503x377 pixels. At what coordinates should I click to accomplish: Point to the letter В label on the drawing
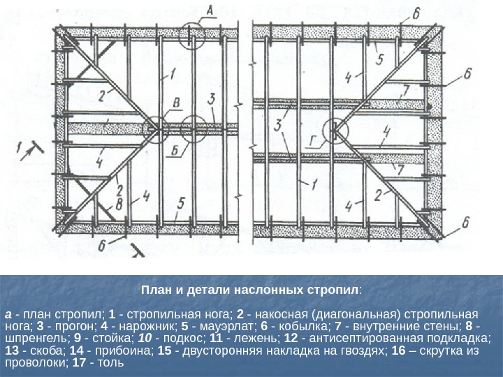point(176,103)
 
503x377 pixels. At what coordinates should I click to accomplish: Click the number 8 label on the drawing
point(119,204)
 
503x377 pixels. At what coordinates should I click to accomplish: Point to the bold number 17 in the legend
point(92,363)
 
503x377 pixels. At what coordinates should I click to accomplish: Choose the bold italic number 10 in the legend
point(155,338)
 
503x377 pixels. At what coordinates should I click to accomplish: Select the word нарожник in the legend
point(138,325)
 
